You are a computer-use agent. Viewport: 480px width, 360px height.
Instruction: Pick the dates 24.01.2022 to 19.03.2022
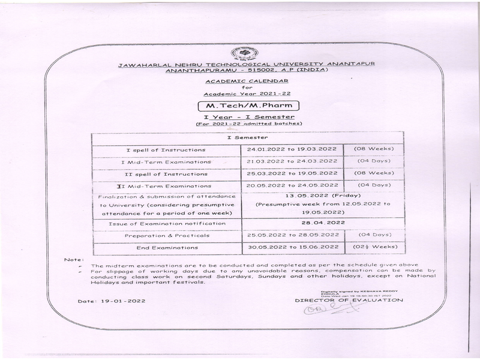[292, 149]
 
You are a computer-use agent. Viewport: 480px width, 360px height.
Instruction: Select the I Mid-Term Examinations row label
[166, 161]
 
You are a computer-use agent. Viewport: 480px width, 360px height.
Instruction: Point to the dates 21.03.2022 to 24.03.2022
[292, 161]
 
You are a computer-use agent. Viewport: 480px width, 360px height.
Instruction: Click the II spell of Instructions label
[166, 173]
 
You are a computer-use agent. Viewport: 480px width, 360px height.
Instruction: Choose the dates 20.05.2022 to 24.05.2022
[292, 185]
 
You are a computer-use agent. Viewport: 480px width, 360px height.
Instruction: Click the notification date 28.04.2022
[323, 223]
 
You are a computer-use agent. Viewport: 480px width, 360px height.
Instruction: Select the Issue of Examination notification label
[166, 223]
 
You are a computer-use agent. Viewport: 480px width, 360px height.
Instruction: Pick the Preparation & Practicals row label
[166, 235]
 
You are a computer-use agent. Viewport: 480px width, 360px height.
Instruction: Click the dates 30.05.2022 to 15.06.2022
[292, 247]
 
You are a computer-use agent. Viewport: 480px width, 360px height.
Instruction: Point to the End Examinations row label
[166, 247]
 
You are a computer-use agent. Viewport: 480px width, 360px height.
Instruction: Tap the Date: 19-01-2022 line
[111, 301]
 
